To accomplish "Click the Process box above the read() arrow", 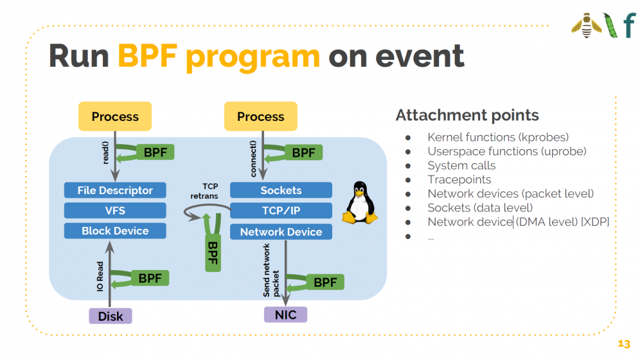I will [x=115, y=116].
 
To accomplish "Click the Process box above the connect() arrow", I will [x=260, y=116].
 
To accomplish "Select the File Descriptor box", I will [x=115, y=190].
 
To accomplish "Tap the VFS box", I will [x=115, y=210].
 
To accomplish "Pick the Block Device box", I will [x=115, y=231].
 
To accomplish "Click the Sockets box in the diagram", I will [x=281, y=190].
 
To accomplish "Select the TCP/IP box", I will [x=281, y=210].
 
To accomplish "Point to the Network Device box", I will [x=281, y=231].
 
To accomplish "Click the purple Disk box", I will [x=111, y=316].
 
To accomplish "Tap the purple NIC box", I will [x=285, y=314].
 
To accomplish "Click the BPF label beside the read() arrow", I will [x=155, y=152].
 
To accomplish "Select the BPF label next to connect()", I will [x=303, y=152].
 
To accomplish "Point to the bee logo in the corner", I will [x=586, y=26].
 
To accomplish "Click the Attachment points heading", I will [x=467, y=115].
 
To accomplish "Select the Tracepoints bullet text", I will [x=459, y=179].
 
